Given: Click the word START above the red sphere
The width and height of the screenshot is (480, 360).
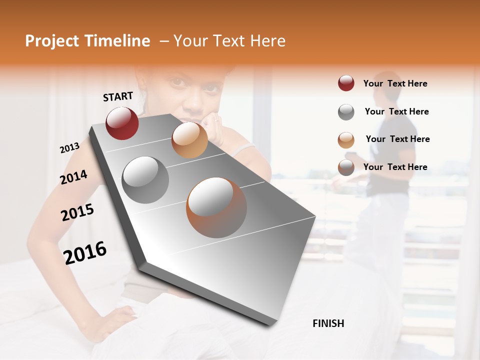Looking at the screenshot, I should coord(118,96).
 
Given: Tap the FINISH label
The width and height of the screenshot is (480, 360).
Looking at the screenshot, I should coord(328,323).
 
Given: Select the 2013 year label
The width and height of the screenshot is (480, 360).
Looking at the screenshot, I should coord(70,148).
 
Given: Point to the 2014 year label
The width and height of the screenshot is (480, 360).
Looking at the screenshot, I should coord(73,177).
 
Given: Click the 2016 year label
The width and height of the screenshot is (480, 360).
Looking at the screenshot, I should coord(85,252).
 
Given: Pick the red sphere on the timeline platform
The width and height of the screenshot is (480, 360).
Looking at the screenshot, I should coord(122,123).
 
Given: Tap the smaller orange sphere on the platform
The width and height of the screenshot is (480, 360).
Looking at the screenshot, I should coord(189,140).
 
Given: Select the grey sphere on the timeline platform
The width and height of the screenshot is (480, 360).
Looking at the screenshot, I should coord(145,179).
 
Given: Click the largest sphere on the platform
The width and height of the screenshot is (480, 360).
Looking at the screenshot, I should coord(216,207).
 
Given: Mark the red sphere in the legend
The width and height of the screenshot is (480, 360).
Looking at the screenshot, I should coord(346,83).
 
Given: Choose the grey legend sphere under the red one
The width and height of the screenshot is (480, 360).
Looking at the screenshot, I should coord(346,112).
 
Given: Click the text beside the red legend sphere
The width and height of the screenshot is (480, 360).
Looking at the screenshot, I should coord(395,83).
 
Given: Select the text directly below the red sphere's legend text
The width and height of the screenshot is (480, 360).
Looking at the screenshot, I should coord(396,111).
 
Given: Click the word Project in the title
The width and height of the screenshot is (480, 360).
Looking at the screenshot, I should coord(51,41).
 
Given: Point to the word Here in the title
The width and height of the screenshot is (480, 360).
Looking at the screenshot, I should coord(267,41).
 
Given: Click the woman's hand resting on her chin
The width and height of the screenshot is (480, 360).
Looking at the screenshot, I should coord(214,128).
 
